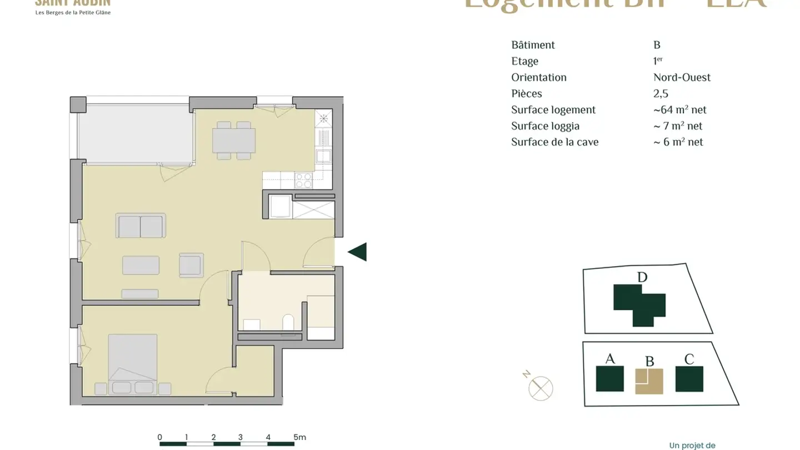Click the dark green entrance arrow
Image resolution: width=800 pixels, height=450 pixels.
point(358,252)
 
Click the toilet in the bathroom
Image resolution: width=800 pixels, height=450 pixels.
point(288,323)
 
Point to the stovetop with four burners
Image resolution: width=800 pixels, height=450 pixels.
point(303,180)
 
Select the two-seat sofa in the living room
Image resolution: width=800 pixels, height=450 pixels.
point(141,227)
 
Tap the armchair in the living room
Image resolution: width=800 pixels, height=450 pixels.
point(191,264)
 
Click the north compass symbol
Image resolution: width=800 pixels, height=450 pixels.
point(540,387)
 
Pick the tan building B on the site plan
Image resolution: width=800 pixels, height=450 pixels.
point(649,381)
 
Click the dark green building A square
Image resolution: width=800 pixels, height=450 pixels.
point(609,379)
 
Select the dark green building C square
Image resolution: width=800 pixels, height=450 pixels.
point(689,379)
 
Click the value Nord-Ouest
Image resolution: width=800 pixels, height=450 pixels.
point(682,77)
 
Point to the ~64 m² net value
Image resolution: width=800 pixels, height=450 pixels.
point(679,110)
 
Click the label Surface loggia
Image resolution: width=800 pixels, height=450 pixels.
point(545,126)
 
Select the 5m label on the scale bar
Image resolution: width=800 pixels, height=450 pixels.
point(299,437)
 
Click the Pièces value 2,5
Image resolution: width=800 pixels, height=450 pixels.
point(661,93)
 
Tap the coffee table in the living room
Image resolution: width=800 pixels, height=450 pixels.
point(141,265)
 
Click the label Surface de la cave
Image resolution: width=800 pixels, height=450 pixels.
point(554,142)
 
